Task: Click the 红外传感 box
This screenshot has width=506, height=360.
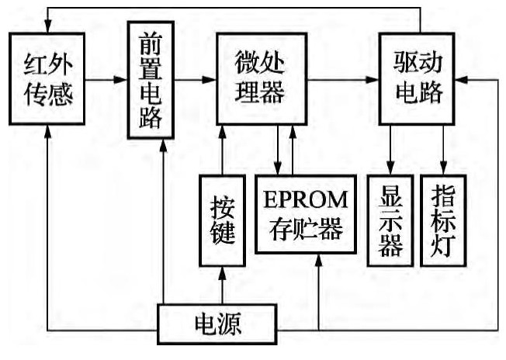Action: click(x=48, y=78)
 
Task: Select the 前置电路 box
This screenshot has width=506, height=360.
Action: click(x=151, y=78)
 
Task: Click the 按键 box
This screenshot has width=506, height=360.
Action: click(x=223, y=220)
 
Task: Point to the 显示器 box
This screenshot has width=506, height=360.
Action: click(x=390, y=220)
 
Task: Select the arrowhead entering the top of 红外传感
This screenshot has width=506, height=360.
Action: click(x=48, y=26)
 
